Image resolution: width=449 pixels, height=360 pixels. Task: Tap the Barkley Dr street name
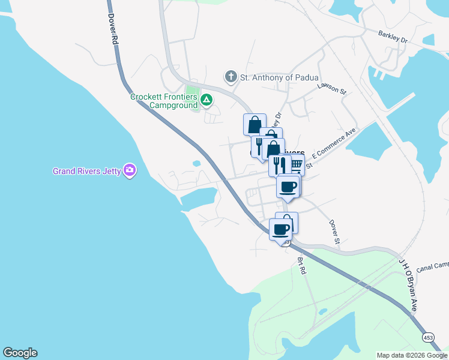[393, 37]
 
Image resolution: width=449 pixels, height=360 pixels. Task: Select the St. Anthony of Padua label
[271, 77]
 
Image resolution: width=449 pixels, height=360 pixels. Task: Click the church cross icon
[230, 77]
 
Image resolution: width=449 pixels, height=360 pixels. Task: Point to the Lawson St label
[333, 88]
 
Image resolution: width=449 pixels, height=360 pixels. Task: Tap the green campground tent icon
[206, 100]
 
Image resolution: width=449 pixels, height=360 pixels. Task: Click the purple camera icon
[129, 171]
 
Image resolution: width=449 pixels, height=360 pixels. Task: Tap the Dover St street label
[334, 232]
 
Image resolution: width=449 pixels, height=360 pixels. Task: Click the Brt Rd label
[302, 266]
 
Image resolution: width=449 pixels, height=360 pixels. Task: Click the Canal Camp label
[432, 266]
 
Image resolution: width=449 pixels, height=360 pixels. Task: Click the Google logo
[20, 353]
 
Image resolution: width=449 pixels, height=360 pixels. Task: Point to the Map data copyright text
[411, 355]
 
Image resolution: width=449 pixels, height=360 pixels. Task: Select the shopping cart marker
[295, 164]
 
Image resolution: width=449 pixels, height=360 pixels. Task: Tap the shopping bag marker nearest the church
[254, 124]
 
